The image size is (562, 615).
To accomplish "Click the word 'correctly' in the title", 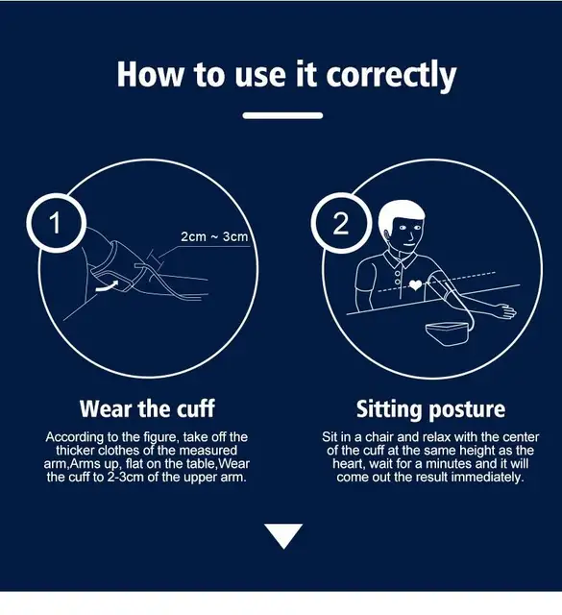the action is [x=391, y=75].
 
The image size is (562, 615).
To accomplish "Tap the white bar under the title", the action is [x=282, y=115].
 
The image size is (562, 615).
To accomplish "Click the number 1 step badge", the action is [x=56, y=223].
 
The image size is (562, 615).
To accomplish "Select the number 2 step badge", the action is [x=341, y=223].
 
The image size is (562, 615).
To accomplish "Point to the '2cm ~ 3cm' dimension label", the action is [x=214, y=236].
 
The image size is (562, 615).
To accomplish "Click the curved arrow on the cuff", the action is [x=107, y=286].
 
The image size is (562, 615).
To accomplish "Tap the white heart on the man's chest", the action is [x=416, y=284].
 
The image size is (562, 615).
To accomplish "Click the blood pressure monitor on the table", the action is [x=448, y=333].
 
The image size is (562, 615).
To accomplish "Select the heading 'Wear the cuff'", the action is [x=147, y=408].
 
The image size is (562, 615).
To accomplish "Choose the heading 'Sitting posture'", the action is [x=430, y=409].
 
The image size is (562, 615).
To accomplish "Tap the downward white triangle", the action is [x=283, y=534].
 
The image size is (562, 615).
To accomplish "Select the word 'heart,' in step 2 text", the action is [x=349, y=464].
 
